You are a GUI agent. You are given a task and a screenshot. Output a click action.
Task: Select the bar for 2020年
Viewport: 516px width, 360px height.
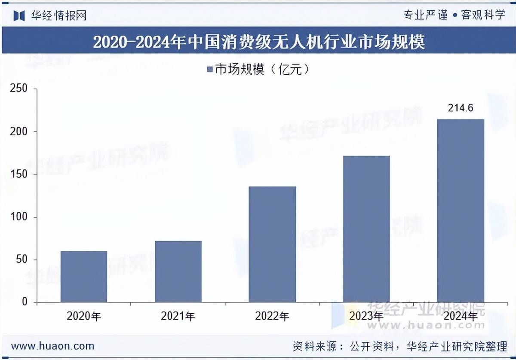coord(84,277)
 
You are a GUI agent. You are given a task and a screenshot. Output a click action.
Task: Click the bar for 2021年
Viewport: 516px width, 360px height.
coord(178,272)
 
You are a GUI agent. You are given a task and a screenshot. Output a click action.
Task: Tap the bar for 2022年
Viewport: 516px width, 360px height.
coord(273,244)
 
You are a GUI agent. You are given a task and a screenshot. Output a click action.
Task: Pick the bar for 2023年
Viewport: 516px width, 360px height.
coord(366,229)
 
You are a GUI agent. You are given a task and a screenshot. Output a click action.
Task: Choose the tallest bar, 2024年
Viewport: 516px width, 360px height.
coord(461,211)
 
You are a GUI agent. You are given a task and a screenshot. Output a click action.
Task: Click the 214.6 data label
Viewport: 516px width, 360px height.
coord(461,108)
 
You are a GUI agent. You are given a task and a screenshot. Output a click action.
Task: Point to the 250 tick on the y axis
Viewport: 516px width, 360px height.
coord(18,88)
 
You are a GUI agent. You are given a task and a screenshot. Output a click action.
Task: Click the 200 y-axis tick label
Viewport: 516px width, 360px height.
coord(18,131)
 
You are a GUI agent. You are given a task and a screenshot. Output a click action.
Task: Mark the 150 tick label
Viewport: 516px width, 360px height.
coord(18,174)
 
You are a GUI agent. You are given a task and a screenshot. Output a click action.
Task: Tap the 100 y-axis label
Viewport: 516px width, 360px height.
coord(18,217)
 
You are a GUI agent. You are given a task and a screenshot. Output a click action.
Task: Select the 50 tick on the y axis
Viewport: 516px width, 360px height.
coord(21,259)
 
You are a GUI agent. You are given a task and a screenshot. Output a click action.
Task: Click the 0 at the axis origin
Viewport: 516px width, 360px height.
coord(24,302)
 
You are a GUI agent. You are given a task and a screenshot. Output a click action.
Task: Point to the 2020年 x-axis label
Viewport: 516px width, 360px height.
coord(84,317)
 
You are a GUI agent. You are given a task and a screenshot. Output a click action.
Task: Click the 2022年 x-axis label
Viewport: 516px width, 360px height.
coord(272,317)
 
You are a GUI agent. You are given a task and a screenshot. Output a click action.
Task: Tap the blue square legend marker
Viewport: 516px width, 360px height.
coord(210,70)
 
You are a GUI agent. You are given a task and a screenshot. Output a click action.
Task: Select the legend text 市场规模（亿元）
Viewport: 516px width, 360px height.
coord(262,70)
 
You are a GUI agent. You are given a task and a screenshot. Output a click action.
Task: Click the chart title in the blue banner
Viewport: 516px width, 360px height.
coord(258,42)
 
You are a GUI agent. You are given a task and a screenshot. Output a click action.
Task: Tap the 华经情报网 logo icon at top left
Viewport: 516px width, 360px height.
coord(19,16)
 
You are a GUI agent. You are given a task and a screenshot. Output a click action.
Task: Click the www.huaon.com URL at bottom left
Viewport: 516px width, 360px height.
coord(52,346)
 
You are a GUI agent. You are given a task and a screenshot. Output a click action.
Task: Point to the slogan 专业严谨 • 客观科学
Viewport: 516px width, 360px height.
coord(454,15)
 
